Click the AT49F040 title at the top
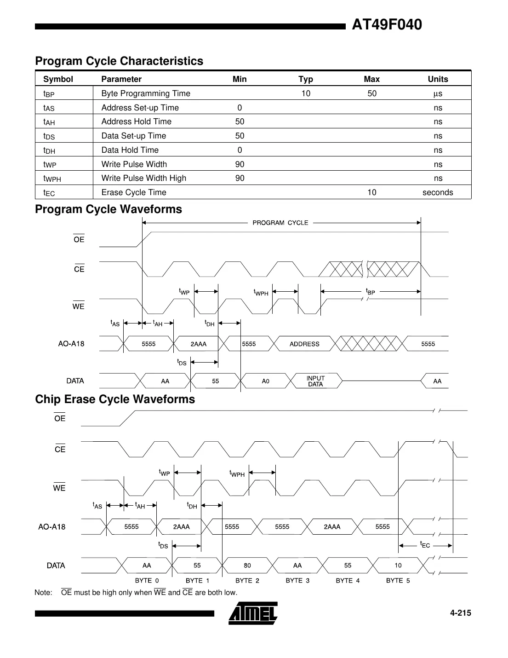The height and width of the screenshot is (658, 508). coord(386,24)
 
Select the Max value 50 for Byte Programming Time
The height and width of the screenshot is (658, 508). coord(371,93)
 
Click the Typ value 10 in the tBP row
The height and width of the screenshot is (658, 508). coord(306,93)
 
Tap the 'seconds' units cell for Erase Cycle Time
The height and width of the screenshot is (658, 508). coord(437,192)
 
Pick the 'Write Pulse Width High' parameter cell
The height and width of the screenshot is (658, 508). coord(143,178)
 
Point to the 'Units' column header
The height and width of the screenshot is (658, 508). coord(438,79)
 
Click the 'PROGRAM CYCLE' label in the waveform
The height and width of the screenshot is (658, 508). coord(280,223)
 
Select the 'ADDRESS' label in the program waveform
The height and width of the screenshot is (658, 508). coord(304,344)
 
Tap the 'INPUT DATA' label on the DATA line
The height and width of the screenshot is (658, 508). coord(315,381)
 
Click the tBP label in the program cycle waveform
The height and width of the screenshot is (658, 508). coord(370,291)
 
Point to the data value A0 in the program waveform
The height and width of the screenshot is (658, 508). coord(265,381)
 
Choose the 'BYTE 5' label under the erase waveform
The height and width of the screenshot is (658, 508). coord(398,581)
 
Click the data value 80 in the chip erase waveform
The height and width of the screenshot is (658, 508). coord(247,565)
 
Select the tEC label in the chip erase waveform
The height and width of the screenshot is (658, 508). coord(425,545)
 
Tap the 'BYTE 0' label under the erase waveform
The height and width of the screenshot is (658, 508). coord(147,581)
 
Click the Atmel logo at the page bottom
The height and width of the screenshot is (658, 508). coord(253,613)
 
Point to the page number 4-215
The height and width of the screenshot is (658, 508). coord(460,613)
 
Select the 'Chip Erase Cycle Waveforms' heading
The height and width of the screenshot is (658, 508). coord(115,399)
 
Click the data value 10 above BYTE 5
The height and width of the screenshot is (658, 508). coord(398,565)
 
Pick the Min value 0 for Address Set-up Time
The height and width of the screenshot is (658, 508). coord(240,108)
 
